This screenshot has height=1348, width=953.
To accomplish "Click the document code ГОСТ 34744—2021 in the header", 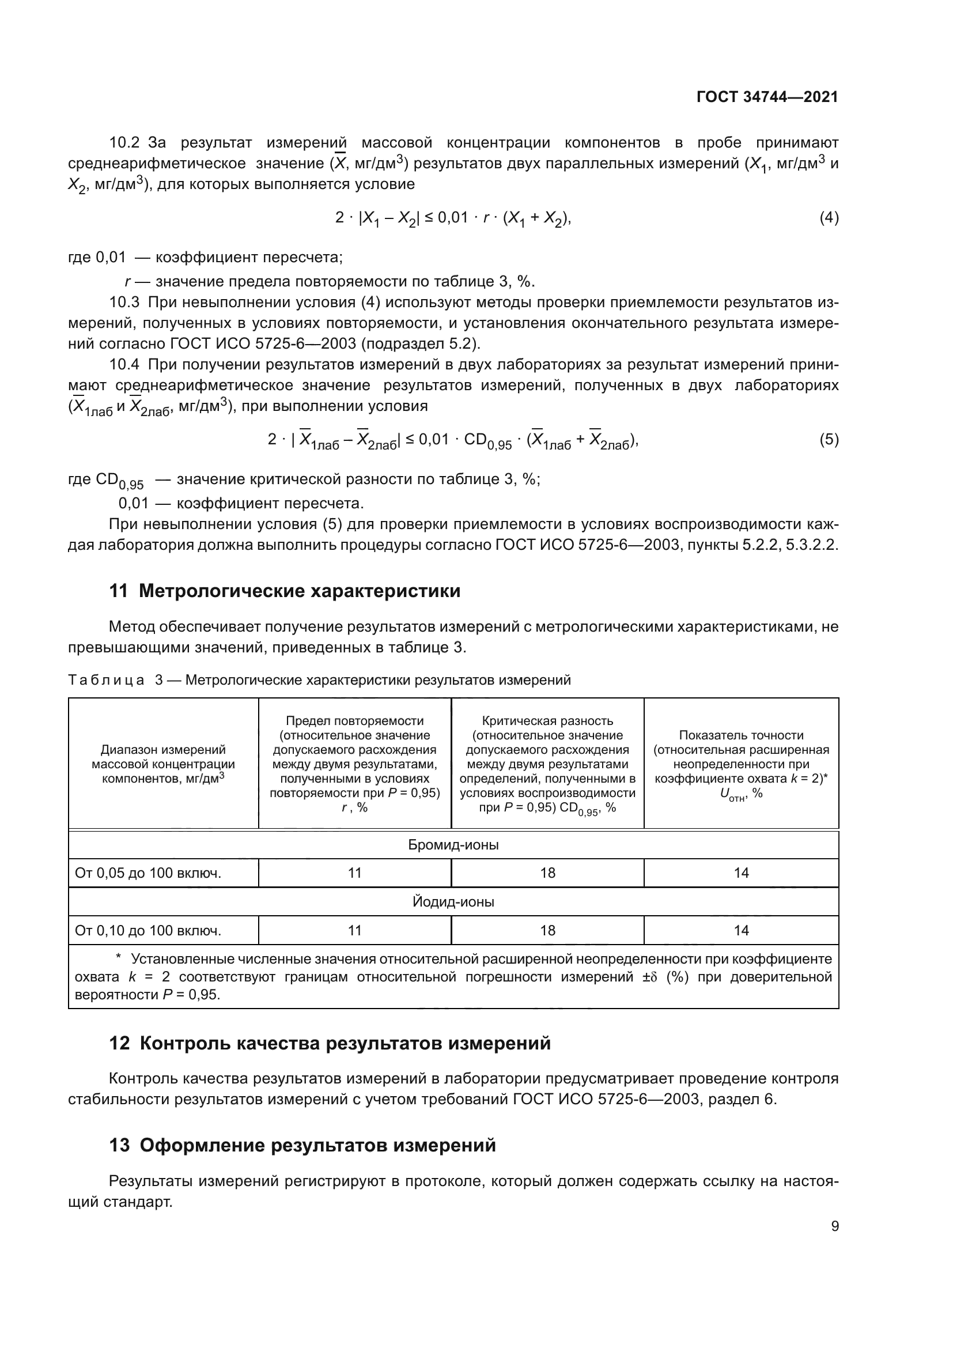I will (x=767, y=97).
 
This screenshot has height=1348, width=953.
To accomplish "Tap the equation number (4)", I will (x=829, y=218).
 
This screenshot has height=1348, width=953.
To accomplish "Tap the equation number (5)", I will (x=829, y=439).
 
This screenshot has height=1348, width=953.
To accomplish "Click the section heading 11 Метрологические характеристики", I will (x=285, y=591).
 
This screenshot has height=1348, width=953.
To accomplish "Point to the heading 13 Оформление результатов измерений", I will (x=302, y=1145).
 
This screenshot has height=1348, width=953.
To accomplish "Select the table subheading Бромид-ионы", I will (x=453, y=845).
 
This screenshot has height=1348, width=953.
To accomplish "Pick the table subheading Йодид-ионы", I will (x=453, y=902).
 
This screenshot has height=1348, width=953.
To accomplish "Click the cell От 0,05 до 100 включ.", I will (x=148, y=873).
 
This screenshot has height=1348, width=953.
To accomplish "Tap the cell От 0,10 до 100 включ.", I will (x=148, y=931).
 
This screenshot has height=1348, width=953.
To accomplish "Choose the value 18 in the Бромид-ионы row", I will (x=547, y=873).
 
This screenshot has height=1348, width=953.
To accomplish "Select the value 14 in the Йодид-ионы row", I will (x=741, y=931).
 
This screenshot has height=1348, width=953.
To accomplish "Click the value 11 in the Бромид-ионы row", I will (x=354, y=873).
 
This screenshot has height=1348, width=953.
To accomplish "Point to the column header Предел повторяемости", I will (x=354, y=721).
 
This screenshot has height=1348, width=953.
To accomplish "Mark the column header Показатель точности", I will (x=741, y=735).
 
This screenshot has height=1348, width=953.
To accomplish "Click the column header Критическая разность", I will (x=547, y=721).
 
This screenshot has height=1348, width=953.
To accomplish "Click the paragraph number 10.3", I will (x=124, y=303).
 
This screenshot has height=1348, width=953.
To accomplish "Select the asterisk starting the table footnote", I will (x=118, y=958).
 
